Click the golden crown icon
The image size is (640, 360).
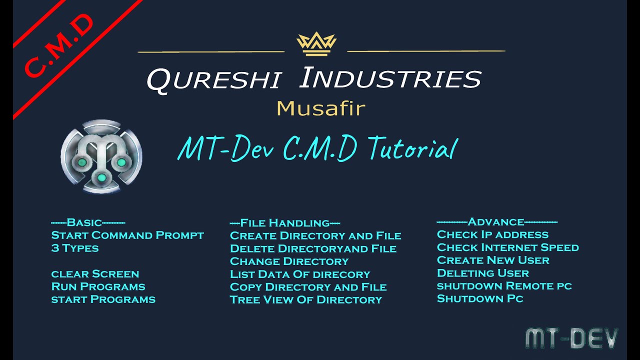coord(316,43)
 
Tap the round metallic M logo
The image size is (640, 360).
coord(101,156)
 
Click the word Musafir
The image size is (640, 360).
coord(320,108)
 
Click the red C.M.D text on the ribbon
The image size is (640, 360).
coord(58,46)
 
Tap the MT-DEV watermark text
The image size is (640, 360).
coord(571,338)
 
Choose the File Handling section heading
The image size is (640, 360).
coord(285,223)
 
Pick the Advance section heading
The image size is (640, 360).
coord(496,222)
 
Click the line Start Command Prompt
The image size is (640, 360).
coord(127,235)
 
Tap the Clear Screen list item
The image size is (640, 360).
coord(95,274)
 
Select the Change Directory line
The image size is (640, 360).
coord(289,261)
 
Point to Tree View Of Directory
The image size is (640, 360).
coord(306,300)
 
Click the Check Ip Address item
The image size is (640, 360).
coord(492,234)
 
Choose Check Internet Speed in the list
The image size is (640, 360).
coord(507,247)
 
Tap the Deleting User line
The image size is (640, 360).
coord(482,273)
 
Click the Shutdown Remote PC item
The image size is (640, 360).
coord(504,286)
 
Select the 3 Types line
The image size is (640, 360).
coord(75,248)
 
